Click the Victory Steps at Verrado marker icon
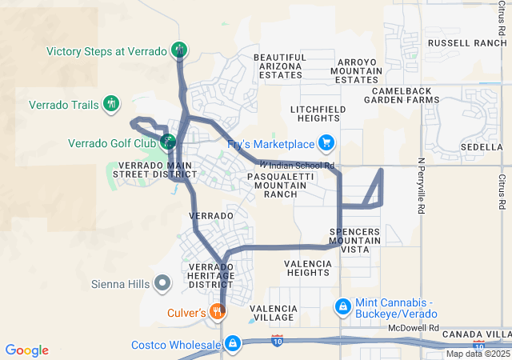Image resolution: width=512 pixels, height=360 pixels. pos(179,50)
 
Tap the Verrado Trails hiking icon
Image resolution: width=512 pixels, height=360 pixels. pos(112,104)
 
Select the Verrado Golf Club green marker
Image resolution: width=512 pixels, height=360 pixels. pos(167,143)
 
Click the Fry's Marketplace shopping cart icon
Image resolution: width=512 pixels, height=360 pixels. pos(326,144)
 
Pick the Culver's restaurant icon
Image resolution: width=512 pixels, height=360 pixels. pos(217,312)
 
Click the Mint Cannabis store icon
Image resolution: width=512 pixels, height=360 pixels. pos(342,306)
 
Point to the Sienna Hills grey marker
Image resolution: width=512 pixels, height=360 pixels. pos(162,282)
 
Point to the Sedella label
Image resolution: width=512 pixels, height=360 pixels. pos(481,148)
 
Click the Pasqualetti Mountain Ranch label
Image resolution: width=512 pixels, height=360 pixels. pos(277,185)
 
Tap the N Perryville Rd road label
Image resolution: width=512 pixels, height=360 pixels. pos(421,186)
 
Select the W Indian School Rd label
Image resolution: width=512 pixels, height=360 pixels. pos(297,166)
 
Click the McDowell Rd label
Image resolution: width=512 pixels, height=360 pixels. pos(414,328)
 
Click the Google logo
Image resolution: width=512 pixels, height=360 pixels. pos(26,350)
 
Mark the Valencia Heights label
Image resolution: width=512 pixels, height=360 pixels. pos(306,267)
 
